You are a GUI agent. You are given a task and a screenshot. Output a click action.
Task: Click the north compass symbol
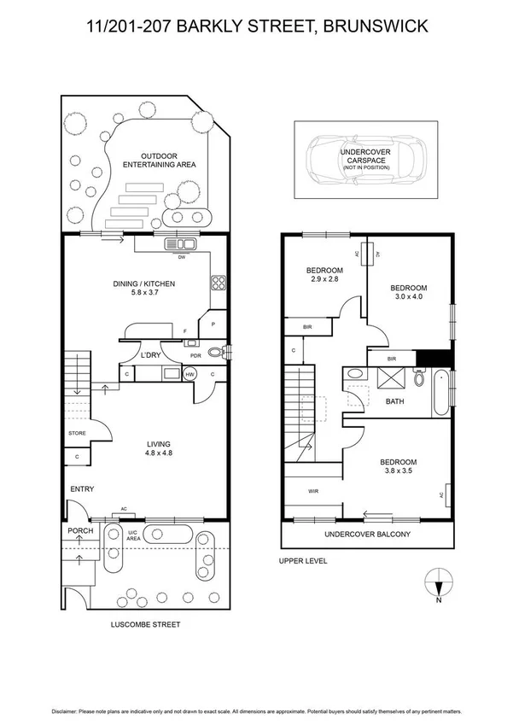(438, 583)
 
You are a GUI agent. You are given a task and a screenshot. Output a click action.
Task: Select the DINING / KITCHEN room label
(146, 284)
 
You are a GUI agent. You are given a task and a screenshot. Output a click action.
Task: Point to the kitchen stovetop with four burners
(219, 284)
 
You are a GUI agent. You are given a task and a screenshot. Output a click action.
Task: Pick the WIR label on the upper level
(313, 491)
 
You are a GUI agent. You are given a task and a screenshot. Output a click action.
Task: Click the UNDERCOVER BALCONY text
(367, 535)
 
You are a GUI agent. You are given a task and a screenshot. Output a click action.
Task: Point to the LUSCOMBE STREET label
(146, 624)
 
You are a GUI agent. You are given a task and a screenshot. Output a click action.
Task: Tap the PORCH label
(80, 530)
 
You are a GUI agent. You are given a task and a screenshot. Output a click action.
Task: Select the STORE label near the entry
(77, 434)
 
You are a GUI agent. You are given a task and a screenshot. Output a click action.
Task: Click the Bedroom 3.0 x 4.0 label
(407, 293)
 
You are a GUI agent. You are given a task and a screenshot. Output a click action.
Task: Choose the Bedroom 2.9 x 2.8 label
(324, 275)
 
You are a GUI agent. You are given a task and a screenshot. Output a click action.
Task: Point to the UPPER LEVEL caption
(302, 561)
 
